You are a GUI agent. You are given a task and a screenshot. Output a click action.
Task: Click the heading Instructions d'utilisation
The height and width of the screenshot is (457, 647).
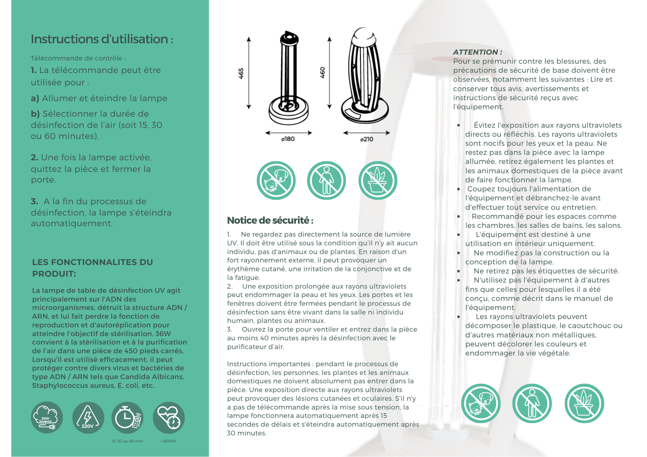pos(102,39)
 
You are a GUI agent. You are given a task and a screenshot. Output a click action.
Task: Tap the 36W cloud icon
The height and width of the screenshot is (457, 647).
pos(47,417)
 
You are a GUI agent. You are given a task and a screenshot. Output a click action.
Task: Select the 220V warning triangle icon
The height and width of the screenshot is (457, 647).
pos(88,417)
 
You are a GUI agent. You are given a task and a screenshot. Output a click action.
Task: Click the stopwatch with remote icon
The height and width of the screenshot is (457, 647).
pos(127,417)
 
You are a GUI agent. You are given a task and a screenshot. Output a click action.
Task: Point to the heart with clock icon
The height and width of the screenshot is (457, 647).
pos(169,417)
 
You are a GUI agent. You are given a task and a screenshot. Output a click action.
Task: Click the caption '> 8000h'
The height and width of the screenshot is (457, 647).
pos(168,441)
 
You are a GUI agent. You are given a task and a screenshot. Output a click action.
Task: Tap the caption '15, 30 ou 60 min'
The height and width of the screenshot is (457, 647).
pos(127,441)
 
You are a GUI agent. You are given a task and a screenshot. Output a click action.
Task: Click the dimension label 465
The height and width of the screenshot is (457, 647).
pos(241,73)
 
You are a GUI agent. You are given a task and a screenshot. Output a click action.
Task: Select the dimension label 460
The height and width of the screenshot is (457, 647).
pos(322,73)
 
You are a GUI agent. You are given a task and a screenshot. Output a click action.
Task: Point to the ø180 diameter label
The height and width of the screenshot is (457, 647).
pos(288,139)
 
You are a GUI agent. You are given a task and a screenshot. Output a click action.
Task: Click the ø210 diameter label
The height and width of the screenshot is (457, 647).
pos(366,139)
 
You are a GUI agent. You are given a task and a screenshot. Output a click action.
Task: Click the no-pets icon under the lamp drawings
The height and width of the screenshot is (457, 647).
pos(276,180)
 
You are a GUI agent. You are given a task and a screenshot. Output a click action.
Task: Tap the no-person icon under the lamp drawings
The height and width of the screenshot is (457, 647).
pos(326,180)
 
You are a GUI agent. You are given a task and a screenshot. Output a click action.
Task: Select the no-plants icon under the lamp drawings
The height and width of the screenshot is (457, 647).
pos(378,180)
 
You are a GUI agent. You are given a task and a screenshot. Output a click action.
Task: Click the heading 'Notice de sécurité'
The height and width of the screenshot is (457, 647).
pos(270,220)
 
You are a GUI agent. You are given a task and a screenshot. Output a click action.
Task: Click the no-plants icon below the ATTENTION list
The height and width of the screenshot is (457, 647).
pos(584,403)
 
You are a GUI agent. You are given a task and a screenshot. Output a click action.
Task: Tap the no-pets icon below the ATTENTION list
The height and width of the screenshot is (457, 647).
pos(481,403)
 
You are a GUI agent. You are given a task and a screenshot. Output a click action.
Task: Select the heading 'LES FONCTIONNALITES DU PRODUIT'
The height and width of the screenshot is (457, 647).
pos(92,268)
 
